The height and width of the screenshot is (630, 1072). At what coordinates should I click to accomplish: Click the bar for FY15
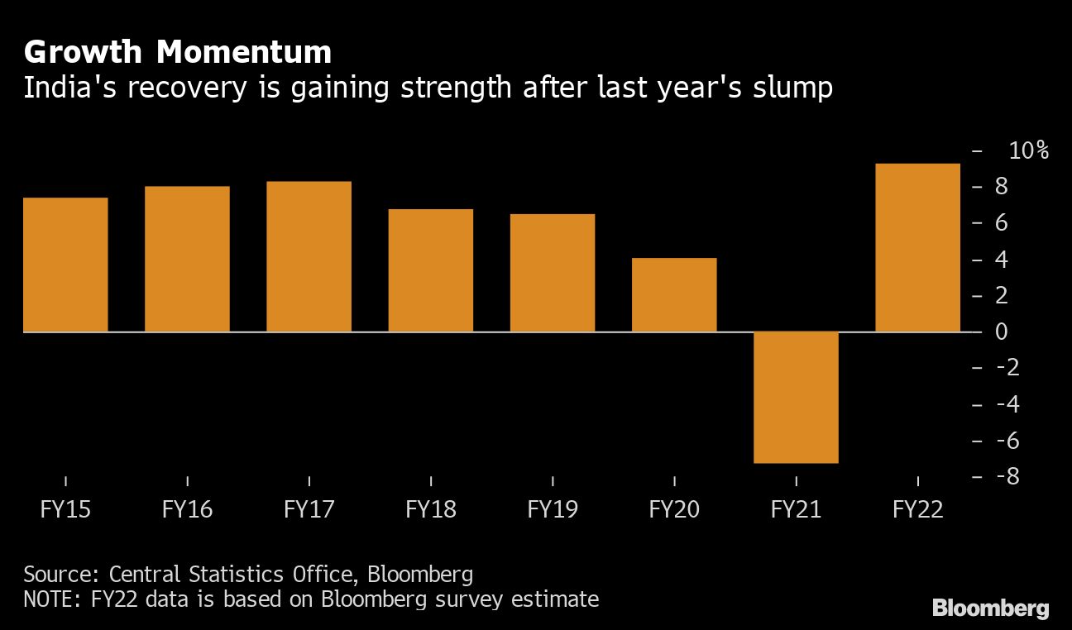(65, 265)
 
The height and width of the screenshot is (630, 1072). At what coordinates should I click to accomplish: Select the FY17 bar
(309, 256)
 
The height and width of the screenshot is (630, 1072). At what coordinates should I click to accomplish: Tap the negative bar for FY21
(796, 397)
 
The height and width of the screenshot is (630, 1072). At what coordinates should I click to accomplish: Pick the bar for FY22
(917, 248)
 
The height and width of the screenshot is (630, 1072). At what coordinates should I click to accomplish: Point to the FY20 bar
(674, 295)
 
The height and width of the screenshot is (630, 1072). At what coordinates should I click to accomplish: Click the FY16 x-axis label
(187, 509)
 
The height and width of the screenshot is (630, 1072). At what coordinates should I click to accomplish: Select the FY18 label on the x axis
(431, 509)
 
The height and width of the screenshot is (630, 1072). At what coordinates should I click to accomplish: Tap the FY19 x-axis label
(553, 509)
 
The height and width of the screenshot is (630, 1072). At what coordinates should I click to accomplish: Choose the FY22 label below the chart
(917, 509)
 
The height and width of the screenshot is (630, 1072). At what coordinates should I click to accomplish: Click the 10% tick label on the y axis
(1028, 150)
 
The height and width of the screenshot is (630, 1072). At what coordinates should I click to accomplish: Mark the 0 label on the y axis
(1001, 332)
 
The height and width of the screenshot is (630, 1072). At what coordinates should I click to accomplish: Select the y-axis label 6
(1001, 222)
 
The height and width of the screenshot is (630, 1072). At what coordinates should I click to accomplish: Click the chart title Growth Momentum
(178, 53)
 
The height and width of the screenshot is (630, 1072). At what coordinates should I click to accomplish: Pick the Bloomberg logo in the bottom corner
(990, 609)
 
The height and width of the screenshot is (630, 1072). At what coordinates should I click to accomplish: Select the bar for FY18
(431, 270)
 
